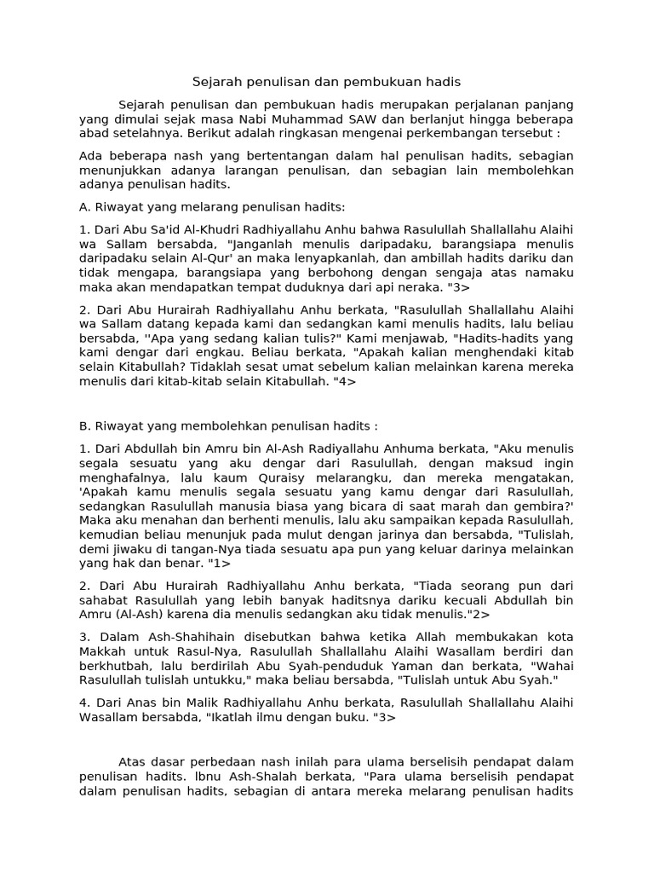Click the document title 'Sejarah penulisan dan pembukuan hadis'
click(x=326, y=82)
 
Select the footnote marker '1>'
click(x=220, y=563)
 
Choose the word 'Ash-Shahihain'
click(x=188, y=638)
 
